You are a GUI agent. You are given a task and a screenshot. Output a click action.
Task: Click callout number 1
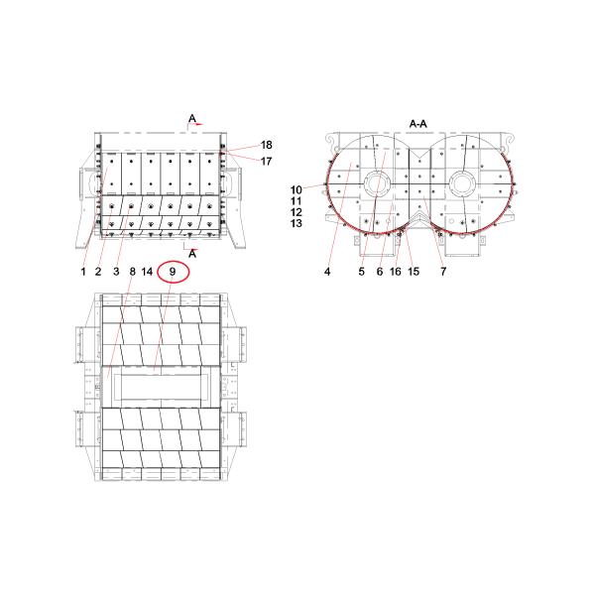pyautogui.click(x=84, y=270)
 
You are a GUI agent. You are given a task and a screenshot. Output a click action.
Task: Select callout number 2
pyautogui.click(x=99, y=270)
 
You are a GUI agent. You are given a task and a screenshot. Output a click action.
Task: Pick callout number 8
pyautogui.click(x=132, y=270)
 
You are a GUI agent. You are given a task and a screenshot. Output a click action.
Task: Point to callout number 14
pyautogui.click(x=148, y=270)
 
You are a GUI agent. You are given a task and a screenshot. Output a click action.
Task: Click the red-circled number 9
pyautogui.click(x=173, y=270)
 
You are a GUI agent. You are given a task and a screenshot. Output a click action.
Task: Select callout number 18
pyautogui.click(x=238, y=145)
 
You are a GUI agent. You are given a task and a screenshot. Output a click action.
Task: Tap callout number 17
pyautogui.click(x=238, y=161)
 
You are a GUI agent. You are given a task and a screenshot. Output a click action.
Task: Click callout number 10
pyautogui.click(x=297, y=188)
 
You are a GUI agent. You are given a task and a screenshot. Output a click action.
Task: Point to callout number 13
pyautogui.click(x=297, y=224)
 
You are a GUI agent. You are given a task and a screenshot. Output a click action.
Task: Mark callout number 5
pyautogui.click(x=362, y=270)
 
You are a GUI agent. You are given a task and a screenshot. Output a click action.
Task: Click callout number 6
pyautogui.click(x=380, y=270)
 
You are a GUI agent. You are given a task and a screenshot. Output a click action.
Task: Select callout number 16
pyautogui.click(x=397, y=270)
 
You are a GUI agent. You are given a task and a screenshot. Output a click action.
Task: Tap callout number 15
pyautogui.click(x=414, y=270)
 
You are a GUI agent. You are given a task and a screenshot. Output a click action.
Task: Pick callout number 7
pyautogui.click(x=442, y=270)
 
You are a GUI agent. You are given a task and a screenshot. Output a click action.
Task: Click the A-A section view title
pyautogui.click(x=417, y=123)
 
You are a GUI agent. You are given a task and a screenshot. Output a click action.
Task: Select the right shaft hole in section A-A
pyautogui.click(x=461, y=184)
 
